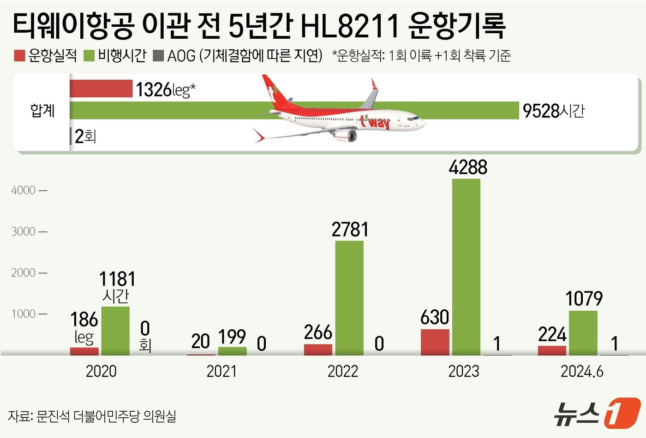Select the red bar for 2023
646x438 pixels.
pyautogui.click(x=435, y=342)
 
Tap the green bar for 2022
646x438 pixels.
pyautogui.click(x=349, y=297)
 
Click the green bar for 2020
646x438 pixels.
pyautogui.click(x=115, y=330)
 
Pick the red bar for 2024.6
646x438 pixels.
pyautogui.click(x=552, y=350)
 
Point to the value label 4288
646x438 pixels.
pyautogui.click(x=468, y=167)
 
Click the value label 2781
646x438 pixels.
pyautogui.click(x=350, y=230)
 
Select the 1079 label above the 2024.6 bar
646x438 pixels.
pyautogui.click(x=584, y=299)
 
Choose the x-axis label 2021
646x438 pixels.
pyautogui.click(x=221, y=372)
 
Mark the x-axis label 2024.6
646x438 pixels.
pyautogui.click(x=582, y=372)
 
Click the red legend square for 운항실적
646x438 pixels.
pyautogui.click(x=19, y=56)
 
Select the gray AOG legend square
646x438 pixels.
pyautogui.click(x=158, y=56)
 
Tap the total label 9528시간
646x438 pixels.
pyautogui.click(x=553, y=111)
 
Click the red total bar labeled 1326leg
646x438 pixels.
pyautogui.click(x=101, y=89)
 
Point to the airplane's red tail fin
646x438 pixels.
pyautogui.click(x=272, y=92)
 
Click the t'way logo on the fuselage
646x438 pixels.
pyautogui.click(x=375, y=123)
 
